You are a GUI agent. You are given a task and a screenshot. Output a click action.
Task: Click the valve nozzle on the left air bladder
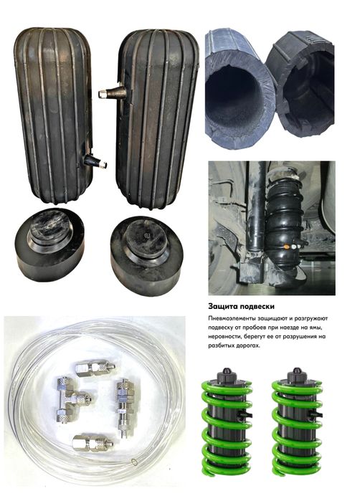pyautogui.click(x=95, y=161)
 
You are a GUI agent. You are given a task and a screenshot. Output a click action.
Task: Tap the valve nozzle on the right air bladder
pyautogui.click(x=112, y=92)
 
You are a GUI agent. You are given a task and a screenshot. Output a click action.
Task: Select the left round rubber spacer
pyautogui.click(x=49, y=244)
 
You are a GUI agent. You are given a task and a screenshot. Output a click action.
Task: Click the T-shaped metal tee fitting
pyautogui.click(x=72, y=399)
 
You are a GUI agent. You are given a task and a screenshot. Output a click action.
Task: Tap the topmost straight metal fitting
pyautogui.click(x=95, y=368)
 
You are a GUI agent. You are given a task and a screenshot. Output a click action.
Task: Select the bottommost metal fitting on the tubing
pyautogui.click(x=93, y=444)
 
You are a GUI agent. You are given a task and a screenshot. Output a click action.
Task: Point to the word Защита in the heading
pyautogui.click(x=222, y=307)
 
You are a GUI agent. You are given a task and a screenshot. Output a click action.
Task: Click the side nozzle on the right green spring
pyautogui.click(x=318, y=415)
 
